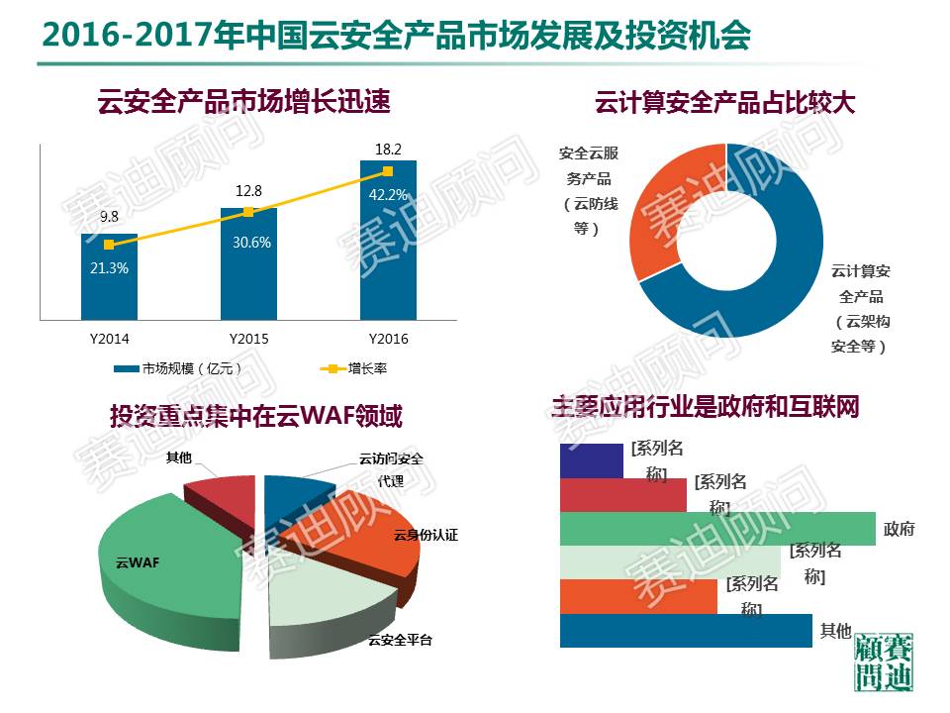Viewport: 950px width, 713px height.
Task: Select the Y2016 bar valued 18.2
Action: click(x=389, y=257)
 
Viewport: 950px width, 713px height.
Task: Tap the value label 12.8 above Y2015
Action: click(x=248, y=191)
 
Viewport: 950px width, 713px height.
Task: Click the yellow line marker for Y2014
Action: click(x=109, y=245)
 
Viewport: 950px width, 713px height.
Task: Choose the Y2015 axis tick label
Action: click(x=248, y=339)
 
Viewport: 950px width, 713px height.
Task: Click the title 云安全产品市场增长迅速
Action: click(x=243, y=101)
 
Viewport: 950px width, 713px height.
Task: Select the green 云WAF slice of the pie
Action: click(x=168, y=564)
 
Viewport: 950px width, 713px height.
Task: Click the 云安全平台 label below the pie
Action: click(x=400, y=640)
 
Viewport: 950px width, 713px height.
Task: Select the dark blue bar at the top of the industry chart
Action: click(x=591, y=460)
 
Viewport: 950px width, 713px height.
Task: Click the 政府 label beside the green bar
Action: click(x=900, y=529)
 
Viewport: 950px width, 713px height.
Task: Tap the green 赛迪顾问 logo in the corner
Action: click(x=884, y=662)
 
